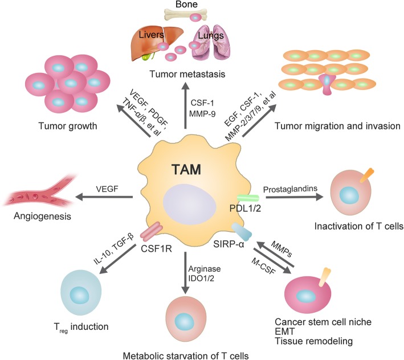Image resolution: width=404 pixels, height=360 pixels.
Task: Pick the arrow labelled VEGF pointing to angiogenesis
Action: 107,197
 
